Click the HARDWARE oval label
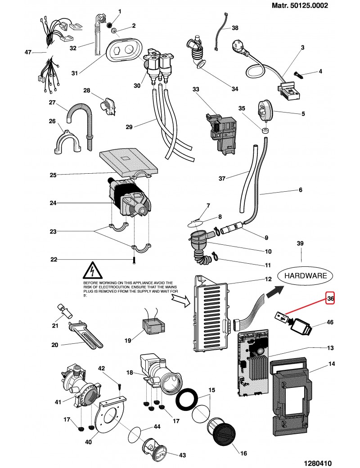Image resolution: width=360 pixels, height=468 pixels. (x=305, y=275)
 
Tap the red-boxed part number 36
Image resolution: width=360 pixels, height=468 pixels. (x=330, y=298)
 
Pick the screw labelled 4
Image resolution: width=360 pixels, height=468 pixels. (x=302, y=73)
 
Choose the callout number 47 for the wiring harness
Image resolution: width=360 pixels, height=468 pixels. (x=28, y=53)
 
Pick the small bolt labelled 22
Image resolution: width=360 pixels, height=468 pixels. (x=134, y=260)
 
